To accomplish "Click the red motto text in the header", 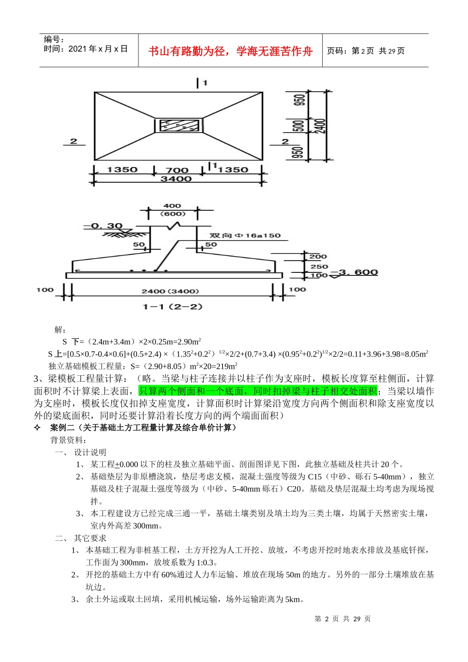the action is click(231, 51).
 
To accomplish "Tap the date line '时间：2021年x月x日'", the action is click(86, 49).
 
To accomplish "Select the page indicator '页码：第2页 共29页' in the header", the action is click(366, 51).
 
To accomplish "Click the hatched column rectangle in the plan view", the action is click(178, 125).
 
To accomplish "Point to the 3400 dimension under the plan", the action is click(176, 179).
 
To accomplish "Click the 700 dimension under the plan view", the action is click(177, 170).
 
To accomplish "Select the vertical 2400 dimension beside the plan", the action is click(320, 126).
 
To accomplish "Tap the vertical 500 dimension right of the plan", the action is click(299, 126).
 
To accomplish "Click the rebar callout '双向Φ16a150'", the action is click(245, 235).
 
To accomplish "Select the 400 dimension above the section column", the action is click(172, 206).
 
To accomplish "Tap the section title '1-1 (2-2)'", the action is click(172, 306).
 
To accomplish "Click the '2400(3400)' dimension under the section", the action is click(170, 291).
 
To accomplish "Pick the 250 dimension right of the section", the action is click(319, 266).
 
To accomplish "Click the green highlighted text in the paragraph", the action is click(258, 391).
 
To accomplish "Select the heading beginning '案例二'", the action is click(143, 428).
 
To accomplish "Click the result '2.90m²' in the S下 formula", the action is click(189, 341).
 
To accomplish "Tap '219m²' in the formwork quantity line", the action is click(227, 366).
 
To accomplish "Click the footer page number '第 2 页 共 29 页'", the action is click(342, 619).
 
